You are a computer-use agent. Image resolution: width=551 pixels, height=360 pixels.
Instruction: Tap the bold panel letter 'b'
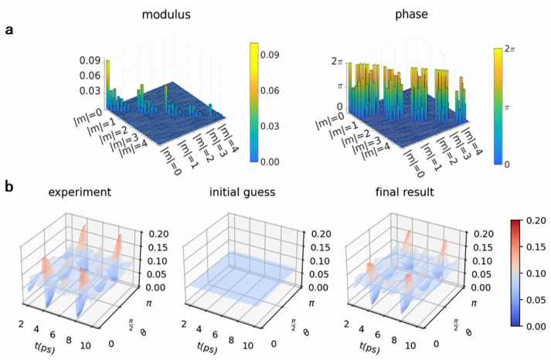pos(9,185)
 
